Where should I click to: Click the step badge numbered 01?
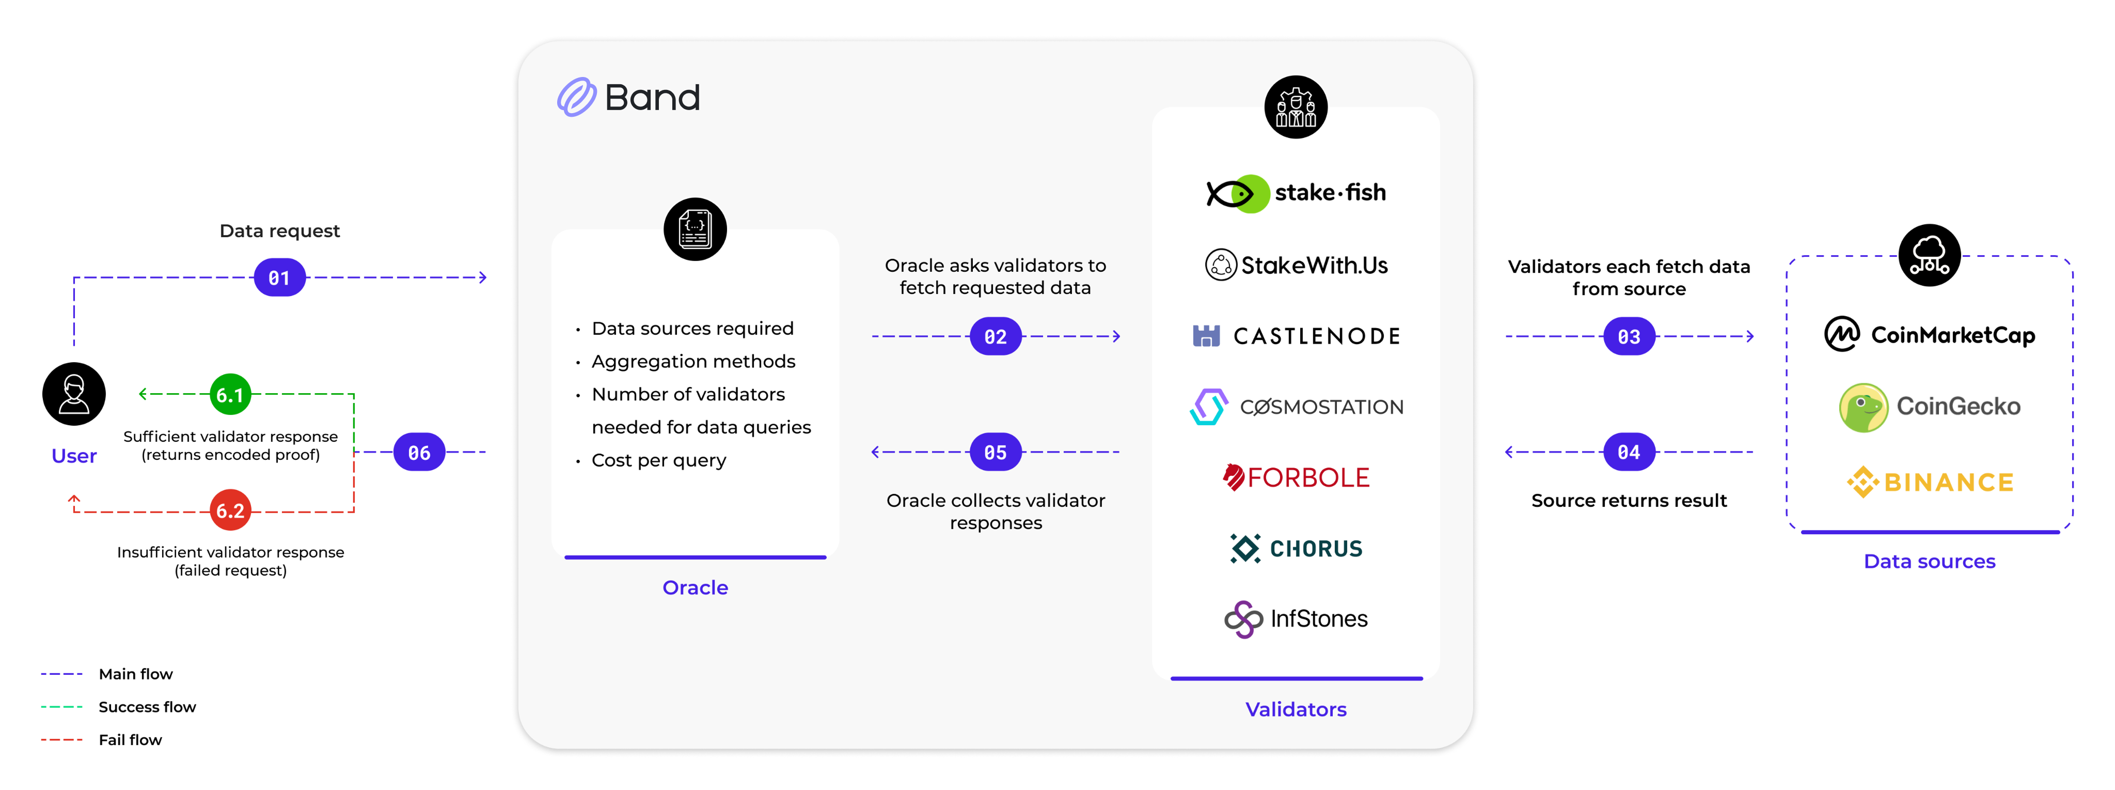coord(279,277)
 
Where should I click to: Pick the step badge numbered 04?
coord(1629,452)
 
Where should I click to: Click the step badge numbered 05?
coord(995,452)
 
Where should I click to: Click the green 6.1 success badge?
coord(230,395)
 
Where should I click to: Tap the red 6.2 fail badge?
coord(230,511)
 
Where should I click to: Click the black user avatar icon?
coord(74,394)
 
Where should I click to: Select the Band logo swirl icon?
coord(576,98)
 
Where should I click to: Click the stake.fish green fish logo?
coord(1238,194)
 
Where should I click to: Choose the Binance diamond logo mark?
coord(1862,482)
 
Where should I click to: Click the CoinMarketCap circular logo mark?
coord(1842,334)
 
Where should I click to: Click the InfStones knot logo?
coord(1243,619)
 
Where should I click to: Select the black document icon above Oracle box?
coord(695,229)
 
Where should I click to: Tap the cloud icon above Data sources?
coord(1930,255)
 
